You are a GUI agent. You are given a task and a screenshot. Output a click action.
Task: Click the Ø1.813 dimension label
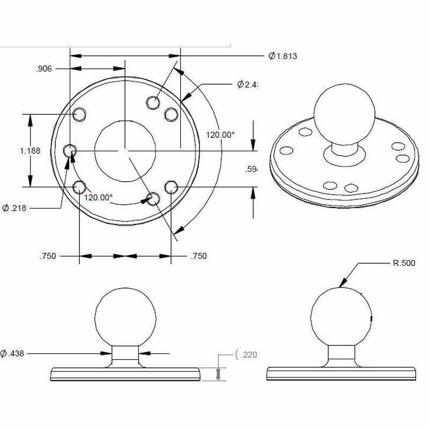pos(283,56)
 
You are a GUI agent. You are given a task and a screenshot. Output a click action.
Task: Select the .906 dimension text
pos(43,69)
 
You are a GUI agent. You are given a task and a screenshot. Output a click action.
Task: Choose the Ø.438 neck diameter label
pos(14,353)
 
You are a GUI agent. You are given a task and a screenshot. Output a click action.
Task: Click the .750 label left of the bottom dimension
pos(48,256)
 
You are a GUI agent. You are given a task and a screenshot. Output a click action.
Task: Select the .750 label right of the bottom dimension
pos(198,256)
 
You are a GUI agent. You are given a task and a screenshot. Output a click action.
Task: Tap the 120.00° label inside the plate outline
pos(99,197)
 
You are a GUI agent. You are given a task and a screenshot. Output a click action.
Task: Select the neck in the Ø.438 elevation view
pos(126,356)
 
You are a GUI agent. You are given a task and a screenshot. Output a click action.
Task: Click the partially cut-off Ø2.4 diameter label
pos(248,85)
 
